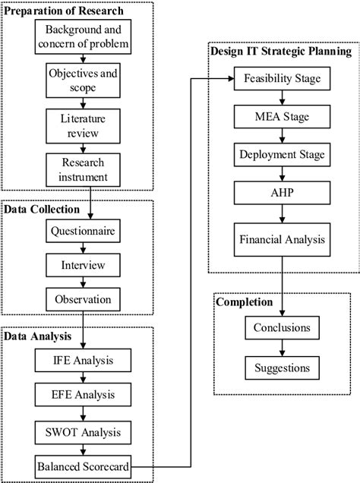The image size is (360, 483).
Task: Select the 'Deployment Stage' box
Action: click(282, 155)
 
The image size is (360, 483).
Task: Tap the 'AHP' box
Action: click(282, 193)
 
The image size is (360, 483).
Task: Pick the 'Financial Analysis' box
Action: click(282, 239)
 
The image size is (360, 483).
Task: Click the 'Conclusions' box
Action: click(282, 329)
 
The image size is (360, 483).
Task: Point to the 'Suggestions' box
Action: click(282, 368)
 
